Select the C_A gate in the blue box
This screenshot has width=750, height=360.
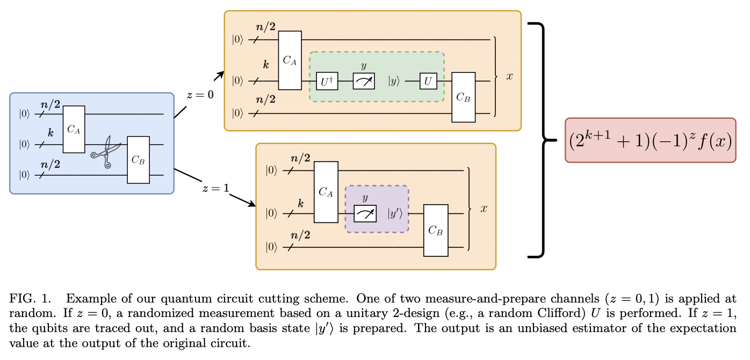point(74,129)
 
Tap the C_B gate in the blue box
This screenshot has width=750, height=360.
point(138,160)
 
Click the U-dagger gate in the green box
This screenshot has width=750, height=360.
point(327,81)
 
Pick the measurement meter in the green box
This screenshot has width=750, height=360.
point(364,81)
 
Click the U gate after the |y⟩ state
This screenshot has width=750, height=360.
point(428,81)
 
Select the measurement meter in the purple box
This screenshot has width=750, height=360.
point(365,213)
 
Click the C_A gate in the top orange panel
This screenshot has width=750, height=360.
point(290,60)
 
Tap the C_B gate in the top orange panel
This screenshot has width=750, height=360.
point(463,97)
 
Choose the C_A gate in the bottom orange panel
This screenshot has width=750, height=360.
point(326,192)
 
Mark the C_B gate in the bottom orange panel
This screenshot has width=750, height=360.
point(436,230)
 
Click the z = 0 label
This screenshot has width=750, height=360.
point(200,95)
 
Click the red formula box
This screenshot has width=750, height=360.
point(650,140)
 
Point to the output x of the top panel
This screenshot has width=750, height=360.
point(509,76)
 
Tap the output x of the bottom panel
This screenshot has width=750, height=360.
point(484,208)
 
